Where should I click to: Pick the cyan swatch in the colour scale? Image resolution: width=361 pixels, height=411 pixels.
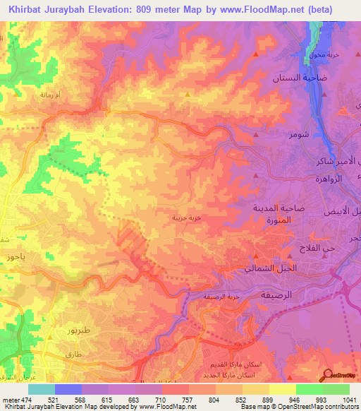pos(41,389)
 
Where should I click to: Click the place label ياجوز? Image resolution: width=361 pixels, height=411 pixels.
pos(13,258)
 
